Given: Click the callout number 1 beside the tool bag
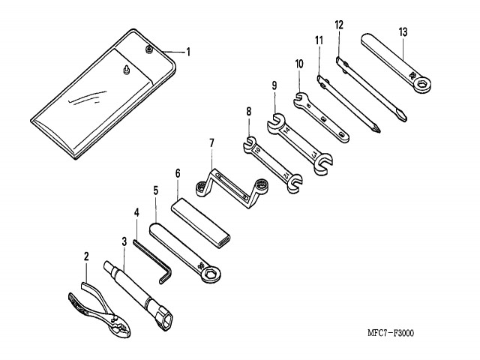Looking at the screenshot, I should tap(188, 52).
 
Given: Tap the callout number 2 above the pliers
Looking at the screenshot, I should tap(87, 256).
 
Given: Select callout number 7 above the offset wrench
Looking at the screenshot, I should tap(212, 142).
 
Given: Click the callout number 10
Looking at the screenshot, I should tap(299, 64).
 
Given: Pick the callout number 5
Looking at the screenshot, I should tap(156, 190).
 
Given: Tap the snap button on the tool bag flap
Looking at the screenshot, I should tap(149, 49).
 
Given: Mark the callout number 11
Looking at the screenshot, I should tap(319, 38).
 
